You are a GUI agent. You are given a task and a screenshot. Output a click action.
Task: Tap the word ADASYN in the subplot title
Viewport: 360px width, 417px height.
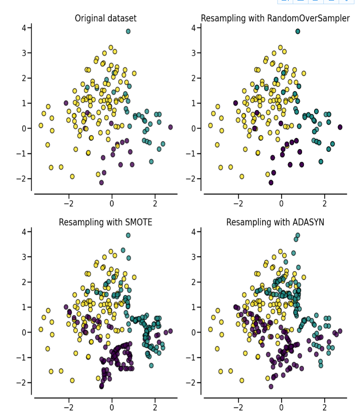(308, 222)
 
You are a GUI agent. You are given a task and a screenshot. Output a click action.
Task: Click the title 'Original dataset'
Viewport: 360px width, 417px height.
(106, 19)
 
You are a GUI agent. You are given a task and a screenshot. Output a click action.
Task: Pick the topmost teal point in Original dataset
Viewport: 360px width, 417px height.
(128, 32)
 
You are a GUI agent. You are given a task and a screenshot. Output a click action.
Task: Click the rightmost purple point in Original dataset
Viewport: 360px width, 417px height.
(170, 127)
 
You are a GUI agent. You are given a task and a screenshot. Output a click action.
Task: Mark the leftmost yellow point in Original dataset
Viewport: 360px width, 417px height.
(41, 125)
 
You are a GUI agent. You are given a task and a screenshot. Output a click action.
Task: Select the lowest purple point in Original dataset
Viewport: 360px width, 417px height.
(102, 182)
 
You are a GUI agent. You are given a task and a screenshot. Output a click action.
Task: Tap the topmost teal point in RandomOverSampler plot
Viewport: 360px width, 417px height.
(298, 32)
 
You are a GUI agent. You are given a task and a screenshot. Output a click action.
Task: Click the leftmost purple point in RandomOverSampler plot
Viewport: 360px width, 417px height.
(236, 103)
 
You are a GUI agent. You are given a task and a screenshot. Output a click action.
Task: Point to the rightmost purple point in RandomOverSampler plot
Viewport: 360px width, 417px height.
(340, 127)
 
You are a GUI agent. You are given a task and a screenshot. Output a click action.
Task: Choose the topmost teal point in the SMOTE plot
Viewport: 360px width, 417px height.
(128, 235)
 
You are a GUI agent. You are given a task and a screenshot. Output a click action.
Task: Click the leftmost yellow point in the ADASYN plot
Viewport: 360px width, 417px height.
(211, 329)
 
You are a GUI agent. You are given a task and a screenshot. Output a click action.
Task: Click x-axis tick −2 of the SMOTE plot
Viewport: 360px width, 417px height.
(69, 407)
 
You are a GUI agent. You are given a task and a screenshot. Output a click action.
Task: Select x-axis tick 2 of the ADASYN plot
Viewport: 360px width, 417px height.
(324, 407)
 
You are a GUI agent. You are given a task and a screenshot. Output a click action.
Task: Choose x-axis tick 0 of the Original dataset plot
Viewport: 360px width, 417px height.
(112, 203)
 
